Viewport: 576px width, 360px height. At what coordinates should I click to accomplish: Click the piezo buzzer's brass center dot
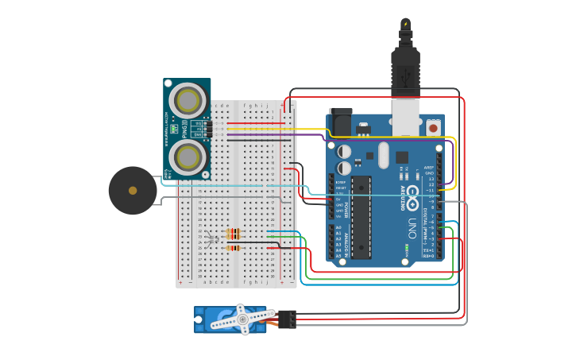(x=133, y=190)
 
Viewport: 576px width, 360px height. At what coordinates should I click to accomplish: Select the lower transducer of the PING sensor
(x=188, y=157)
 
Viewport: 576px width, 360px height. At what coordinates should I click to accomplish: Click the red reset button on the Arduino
(x=434, y=126)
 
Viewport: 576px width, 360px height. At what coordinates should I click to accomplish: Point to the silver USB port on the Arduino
(x=406, y=114)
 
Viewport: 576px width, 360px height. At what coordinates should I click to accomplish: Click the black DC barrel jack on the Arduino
(x=340, y=120)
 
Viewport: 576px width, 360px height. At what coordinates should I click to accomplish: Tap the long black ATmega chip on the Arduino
(x=361, y=217)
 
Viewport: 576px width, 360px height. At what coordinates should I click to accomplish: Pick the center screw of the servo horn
(x=243, y=319)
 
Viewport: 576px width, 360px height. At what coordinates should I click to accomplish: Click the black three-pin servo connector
(x=287, y=319)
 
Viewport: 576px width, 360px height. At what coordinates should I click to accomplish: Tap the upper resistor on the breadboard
(x=234, y=233)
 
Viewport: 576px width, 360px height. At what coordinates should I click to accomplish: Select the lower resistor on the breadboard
(x=234, y=248)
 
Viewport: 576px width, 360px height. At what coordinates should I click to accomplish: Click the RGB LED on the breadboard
(x=211, y=238)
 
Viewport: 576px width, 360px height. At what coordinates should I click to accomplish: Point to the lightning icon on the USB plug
(x=406, y=24)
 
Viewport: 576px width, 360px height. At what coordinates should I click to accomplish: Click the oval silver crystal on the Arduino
(x=384, y=154)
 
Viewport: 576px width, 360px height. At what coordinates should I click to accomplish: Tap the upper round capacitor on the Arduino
(x=344, y=151)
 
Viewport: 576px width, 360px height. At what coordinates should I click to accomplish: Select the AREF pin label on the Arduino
(x=429, y=168)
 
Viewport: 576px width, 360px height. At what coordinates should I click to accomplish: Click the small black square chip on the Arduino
(x=402, y=157)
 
